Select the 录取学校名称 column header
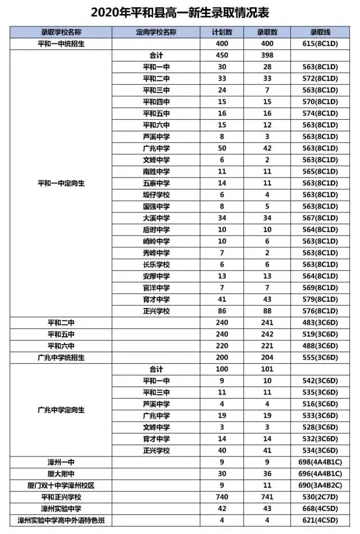click(x=62, y=31)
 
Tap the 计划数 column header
click(x=222, y=31)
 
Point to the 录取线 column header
click(x=318, y=31)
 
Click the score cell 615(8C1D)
click(x=318, y=43)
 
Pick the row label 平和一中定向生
click(x=62, y=183)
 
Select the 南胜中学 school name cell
click(x=156, y=171)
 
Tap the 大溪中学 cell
click(x=156, y=218)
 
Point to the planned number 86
click(x=222, y=311)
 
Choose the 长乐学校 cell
click(x=156, y=265)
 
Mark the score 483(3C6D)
click(x=318, y=323)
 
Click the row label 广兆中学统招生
click(x=62, y=357)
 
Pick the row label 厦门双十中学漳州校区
click(x=62, y=485)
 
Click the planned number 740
click(x=222, y=497)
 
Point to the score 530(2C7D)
click(x=318, y=497)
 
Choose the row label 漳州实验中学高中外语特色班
click(x=62, y=521)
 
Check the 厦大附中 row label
click(x=62, y=474)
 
